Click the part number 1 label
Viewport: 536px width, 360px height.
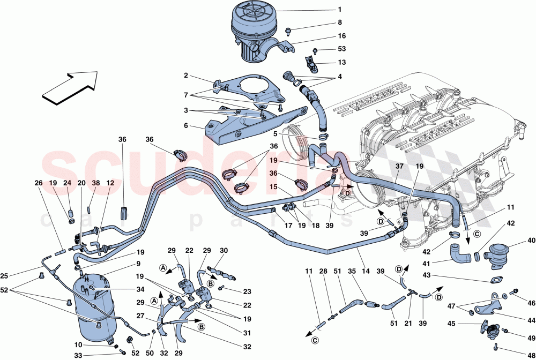pyautogui.click(x=339, y=10)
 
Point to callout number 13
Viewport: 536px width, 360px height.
pyautogui.click(x=341, y=62)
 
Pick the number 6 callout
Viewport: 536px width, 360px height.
pyautogui.click(x=185, y=126)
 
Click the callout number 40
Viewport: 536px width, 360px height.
pyautogui.click(x=531, y=240)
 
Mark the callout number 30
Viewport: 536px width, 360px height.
pyautogui.click(x=224, y=250)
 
